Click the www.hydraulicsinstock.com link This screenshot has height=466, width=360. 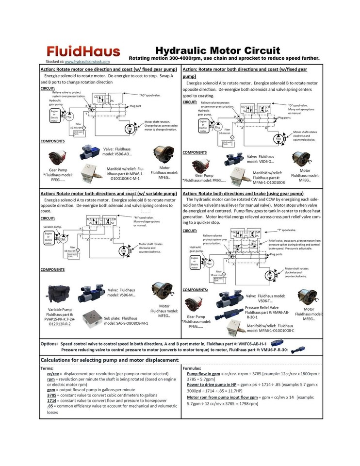tap(87, 62)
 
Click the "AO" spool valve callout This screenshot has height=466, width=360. tap(150, 95)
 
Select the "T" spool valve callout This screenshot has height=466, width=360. tap(286, 230)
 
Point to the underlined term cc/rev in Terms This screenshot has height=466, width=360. tap(53, 374)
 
